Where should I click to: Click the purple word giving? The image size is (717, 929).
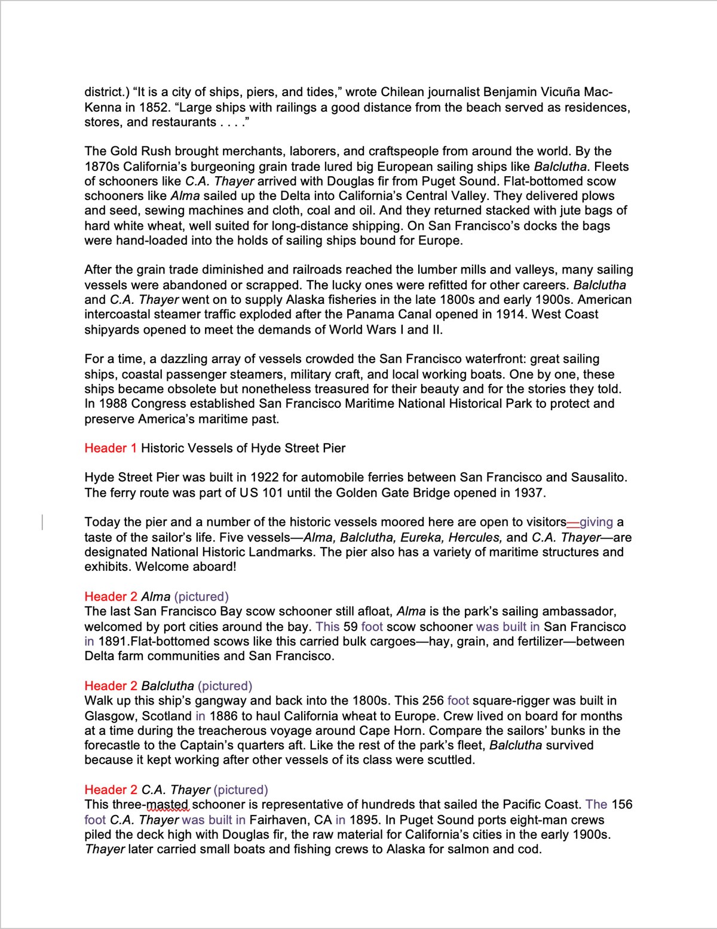(596, 522)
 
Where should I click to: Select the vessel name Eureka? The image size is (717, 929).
(422, 537)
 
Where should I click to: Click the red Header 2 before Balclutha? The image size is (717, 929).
(111, 686)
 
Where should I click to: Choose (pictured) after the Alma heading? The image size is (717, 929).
(201, 597)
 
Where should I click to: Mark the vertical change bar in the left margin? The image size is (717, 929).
(42, 522)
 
